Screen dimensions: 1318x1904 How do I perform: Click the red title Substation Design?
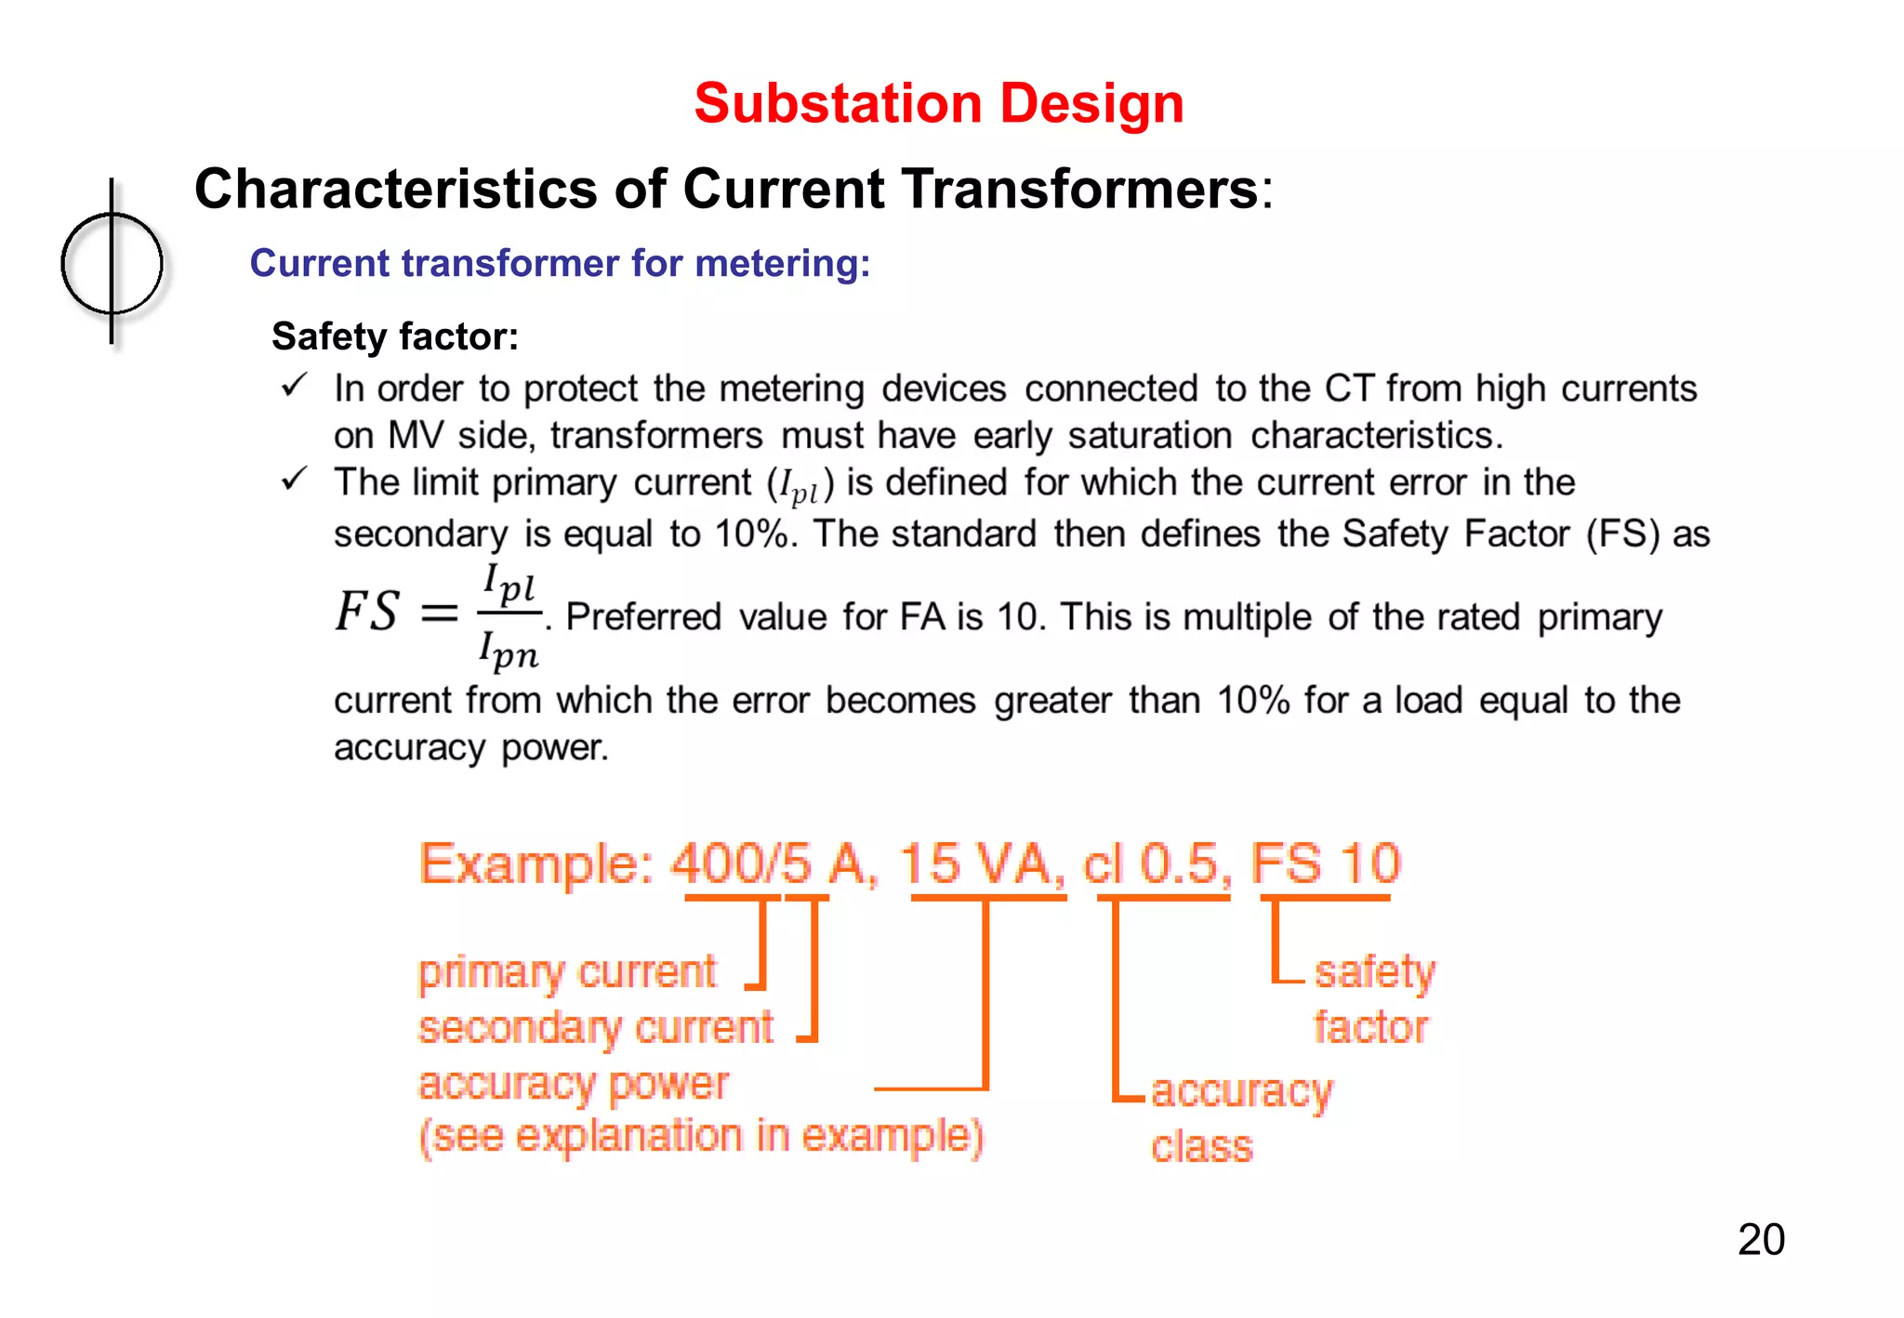coord(939,103)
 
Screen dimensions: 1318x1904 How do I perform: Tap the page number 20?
coord(1761,1240)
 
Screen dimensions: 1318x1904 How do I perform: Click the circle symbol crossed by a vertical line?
coord(112,263)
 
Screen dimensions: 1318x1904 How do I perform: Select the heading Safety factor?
coord(395,336)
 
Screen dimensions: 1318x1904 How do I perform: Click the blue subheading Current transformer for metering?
coord(560,263)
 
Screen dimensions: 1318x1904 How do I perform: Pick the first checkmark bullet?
coord(294,385)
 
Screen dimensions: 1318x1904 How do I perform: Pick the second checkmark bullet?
coord(294,480)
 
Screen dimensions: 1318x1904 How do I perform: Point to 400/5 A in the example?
coord(773,863)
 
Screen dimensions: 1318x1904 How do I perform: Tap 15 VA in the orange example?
coord(982,863)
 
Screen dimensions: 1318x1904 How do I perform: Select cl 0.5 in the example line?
coord(1158,863)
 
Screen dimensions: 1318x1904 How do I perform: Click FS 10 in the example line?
coord(1326,863)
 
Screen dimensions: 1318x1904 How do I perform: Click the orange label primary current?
coord(567,973)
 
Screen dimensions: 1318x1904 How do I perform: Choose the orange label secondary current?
coord(595,1029)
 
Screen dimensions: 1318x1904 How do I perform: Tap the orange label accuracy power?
coord(574,1085)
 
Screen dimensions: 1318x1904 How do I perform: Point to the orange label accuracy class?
coord(1240,1118)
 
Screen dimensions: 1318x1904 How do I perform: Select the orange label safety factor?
coord(1374,999)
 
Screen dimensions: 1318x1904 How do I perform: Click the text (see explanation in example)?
coord(701,1137)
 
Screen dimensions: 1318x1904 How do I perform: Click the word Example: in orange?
coord(537,864)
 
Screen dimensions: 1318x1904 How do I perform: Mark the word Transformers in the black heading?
coord(1080,190)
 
